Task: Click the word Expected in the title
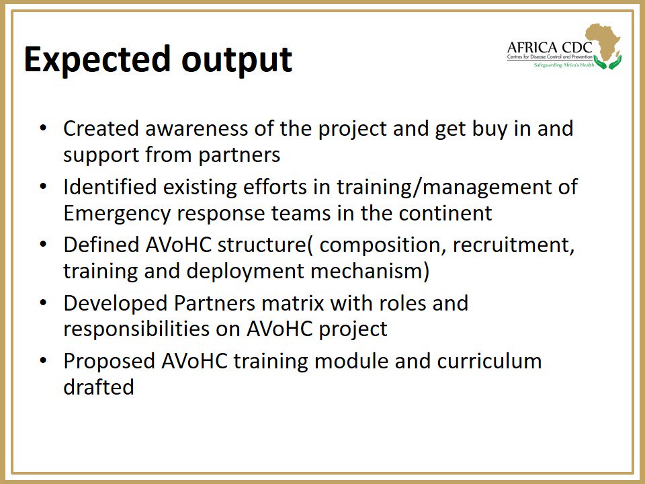(x=97, y=60)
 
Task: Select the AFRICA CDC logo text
(x=550, y=47)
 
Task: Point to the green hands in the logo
(x=607, y=63)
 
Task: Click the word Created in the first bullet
(x=101, y=128)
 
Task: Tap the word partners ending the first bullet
(x=239, y=156)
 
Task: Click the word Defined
(x=101, y=245)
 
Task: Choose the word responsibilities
(x=152, y=329)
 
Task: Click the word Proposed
(x=109, y=362)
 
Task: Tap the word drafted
(x=99, y=387)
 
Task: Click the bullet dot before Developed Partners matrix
(x=43, y=303)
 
